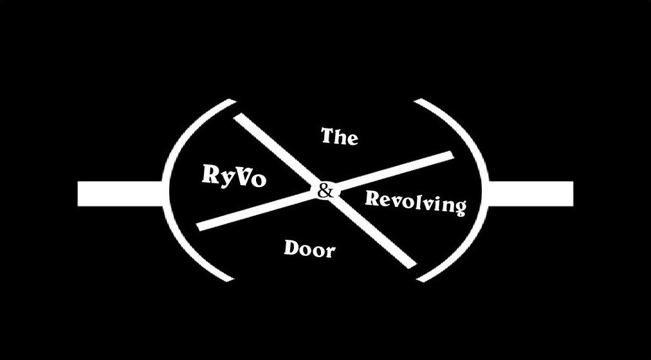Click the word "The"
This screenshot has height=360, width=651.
(x=339, y=136)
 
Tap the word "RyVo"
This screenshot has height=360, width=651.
(x=234, y=176)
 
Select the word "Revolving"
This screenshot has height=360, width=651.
(x=415, y=202)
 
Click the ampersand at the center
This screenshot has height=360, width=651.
(x=325, y=190)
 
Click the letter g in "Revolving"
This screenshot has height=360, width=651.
(x=459, y=208)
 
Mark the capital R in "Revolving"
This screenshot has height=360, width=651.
(x=372, y=197)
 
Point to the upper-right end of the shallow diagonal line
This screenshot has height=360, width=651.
(x=450, y=155)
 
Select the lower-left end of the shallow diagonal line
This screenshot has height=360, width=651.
(x=200, y=226)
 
